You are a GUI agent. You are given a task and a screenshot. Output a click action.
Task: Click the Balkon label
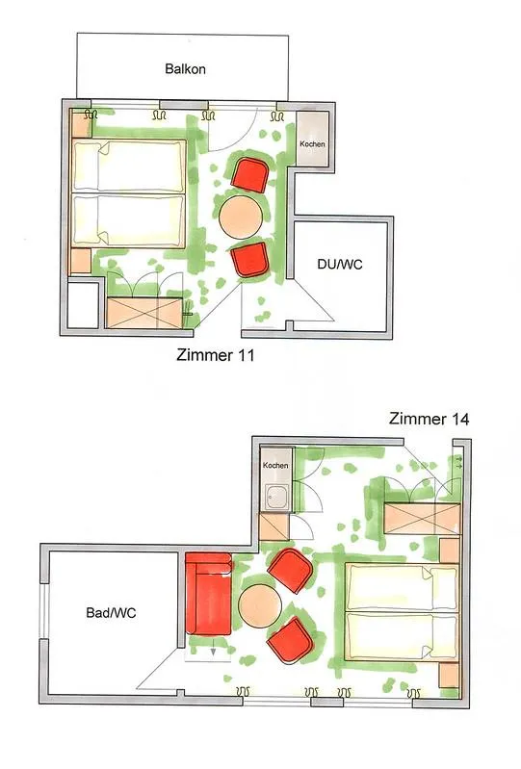(184, 68)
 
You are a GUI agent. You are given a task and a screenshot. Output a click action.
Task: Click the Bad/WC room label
(111, 613)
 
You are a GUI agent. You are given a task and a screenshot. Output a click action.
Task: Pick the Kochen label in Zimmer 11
(313, 144)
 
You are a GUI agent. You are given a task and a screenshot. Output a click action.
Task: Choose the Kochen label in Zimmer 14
(275, 466)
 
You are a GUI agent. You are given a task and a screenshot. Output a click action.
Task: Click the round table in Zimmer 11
(240, 217)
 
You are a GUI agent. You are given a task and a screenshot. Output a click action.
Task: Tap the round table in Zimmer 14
(259, 607)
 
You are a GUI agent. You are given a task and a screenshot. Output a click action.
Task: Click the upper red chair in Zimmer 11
(249, 174)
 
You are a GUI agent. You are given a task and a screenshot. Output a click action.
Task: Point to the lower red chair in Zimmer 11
(250, 260)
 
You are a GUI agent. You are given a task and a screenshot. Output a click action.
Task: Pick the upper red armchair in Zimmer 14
(291, 571)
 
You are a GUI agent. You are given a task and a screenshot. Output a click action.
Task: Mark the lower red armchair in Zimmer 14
(290, 640)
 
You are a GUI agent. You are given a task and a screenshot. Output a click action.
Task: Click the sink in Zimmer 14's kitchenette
(274, 498)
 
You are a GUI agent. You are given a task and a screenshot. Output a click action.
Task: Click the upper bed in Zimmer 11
(128, 165)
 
